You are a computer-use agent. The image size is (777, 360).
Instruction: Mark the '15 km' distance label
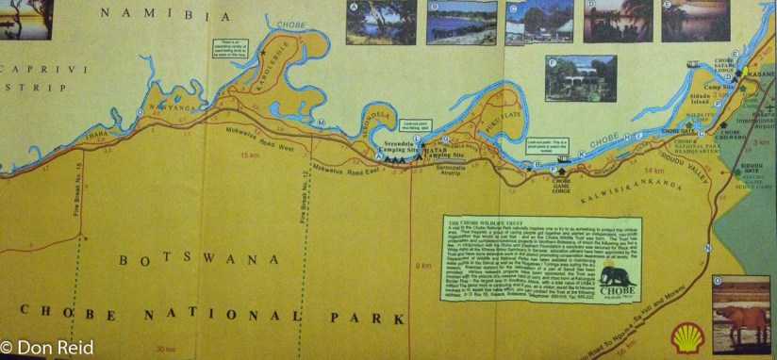(x=250, y=155)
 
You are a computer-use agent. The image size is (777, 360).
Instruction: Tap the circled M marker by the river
(x=322, y=123)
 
